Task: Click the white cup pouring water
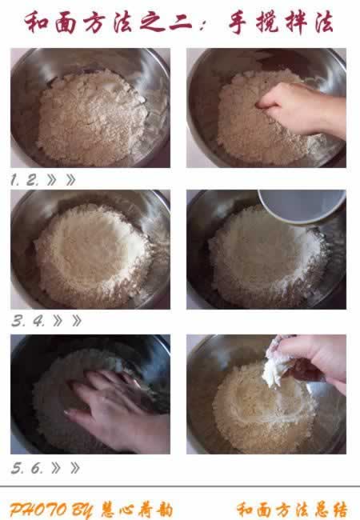pos(301,206)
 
